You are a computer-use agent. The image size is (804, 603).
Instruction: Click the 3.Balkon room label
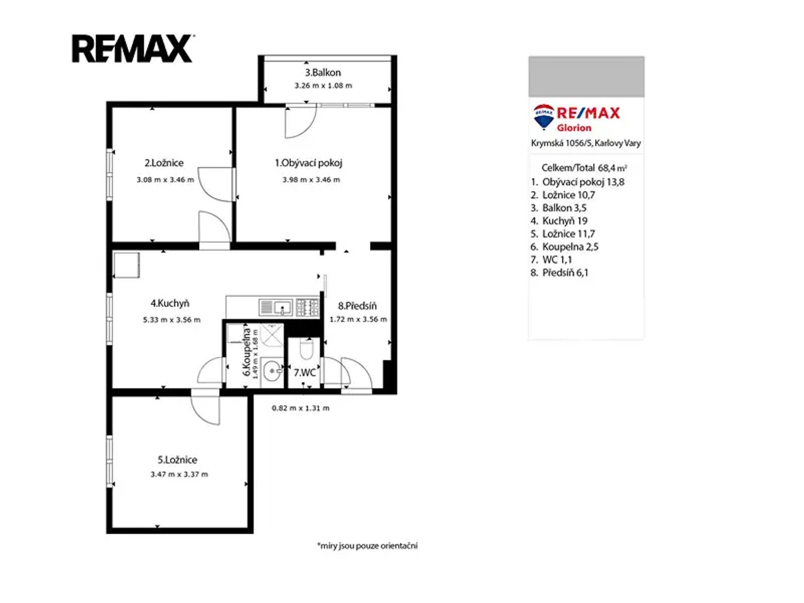point(323,72)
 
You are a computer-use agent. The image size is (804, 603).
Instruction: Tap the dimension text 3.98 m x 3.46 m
point(311,180)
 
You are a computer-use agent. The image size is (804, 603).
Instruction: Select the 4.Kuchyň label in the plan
point(170,304)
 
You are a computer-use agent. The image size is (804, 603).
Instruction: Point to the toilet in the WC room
point(306,348)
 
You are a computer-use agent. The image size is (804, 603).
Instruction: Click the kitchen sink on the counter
point(275,308)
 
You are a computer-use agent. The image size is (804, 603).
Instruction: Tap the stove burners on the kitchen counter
point(307,308)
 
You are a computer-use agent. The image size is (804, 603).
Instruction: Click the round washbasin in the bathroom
point(273,371)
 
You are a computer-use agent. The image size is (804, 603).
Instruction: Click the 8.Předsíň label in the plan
point(357,306)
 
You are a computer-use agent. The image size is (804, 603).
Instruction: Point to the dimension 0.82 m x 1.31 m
point(300,408)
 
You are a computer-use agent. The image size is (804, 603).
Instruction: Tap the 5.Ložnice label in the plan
point(178,460)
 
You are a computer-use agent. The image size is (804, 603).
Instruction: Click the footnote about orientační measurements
point(367,546)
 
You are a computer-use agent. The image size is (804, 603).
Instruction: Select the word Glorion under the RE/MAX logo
point(574,128)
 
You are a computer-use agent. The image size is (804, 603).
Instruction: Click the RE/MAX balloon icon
point(543,117)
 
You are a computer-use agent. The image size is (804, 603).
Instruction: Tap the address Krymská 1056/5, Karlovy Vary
point(586,143)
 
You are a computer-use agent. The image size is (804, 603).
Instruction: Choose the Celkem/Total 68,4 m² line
point(584,168)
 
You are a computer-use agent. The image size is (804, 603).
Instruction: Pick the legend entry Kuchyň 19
point(559,221)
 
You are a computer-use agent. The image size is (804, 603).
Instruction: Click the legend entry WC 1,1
point(551,259)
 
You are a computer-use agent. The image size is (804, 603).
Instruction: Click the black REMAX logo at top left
point(133,48)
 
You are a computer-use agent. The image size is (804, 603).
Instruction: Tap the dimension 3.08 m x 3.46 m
point(165,180)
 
